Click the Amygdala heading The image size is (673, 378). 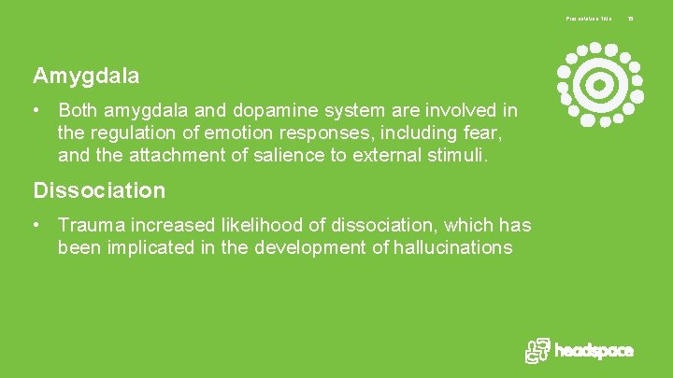pyautogui.click(x=86, y=75)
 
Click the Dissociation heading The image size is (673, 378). pyautogui.click(x=99, y=190)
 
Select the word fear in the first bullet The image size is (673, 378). pyautogui.click(x=496, y=133)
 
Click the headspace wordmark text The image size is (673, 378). pyautogui.click(x=594, y=351)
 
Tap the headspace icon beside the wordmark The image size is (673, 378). pyautogui.click(x=537, y=350)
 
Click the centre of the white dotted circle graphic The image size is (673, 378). pyautogui.click(x=599, y=85)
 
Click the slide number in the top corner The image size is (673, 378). pyautogui.click(x=630, y=18)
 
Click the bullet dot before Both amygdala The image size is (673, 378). pyautogui.click(x=36, y=111)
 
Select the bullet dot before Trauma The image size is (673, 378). pyautogui.click(x=36, y=225)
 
